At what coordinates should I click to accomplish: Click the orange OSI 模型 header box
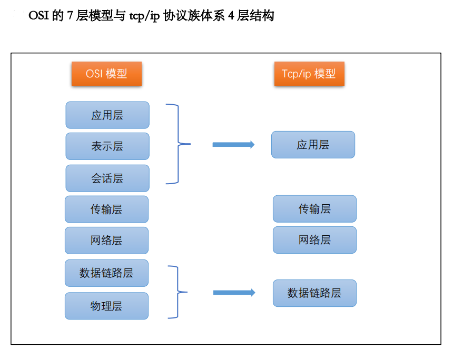click(106, 74)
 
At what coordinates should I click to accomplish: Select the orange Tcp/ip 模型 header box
click(309, 74)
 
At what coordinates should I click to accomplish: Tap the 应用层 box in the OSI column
click(107, 115)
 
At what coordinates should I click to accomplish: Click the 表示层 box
click(107, 146)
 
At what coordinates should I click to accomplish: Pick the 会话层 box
click(107, 178)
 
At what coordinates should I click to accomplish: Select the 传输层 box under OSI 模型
click(106, 209)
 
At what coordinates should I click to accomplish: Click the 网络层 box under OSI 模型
click(106, 241)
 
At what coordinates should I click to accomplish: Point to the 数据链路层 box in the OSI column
click(106, 273)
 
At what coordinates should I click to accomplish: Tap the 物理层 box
click(106, 306)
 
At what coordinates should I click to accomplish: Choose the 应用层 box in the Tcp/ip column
click(313, 145)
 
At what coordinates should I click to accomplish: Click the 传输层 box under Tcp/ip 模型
click(314, 209)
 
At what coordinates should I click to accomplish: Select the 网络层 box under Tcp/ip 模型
click(314, 240)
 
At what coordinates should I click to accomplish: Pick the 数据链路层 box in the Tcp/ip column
click(314, 293)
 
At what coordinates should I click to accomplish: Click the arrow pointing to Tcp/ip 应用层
click(233, 144)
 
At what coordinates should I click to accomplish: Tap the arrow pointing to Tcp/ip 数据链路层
click(234, 293)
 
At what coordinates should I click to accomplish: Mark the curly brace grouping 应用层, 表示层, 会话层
click(178, 144)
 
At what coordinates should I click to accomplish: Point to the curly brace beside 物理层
click(178, 292)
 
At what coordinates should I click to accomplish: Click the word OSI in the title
click(39, 16)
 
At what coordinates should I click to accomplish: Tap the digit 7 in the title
click(70, 16)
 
